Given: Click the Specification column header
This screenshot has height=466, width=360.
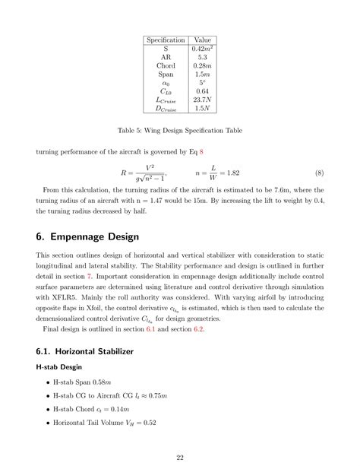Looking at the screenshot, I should pyautogui.click(x=166, y=40).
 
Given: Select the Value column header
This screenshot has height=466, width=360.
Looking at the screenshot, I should pyautogui.click(x=203, y=40).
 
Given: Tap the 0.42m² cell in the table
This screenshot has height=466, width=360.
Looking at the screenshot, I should pyautogui.click(x=203, y=48).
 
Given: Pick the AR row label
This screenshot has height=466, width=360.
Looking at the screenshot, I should pyautogui.click(x=166, y=57).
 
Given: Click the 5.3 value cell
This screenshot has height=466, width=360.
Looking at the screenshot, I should pyautogui.click(x=203, y=57).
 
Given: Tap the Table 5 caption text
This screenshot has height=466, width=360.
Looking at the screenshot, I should pyautogui.click(x=180, y=132).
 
